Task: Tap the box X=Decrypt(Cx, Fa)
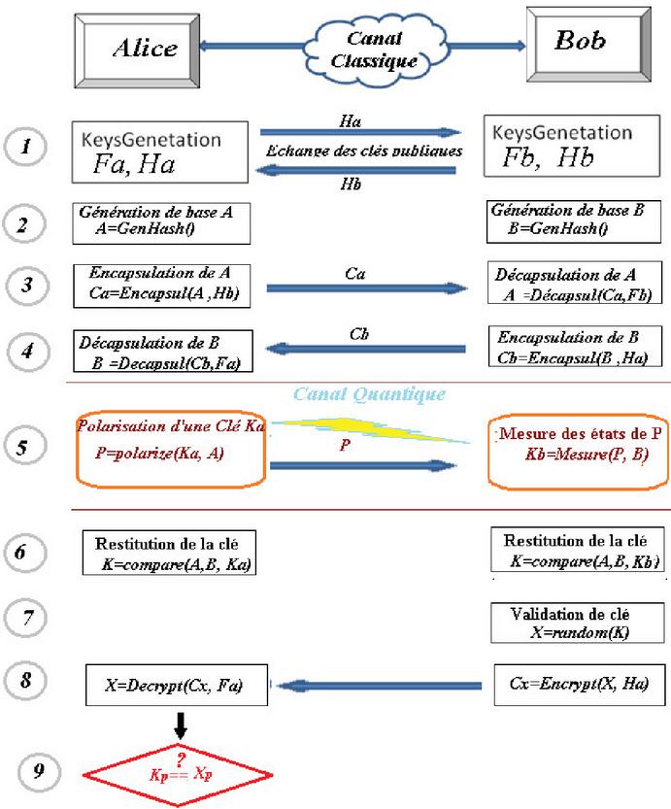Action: click(176, 686)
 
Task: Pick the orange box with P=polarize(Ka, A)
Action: click(170, 449)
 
